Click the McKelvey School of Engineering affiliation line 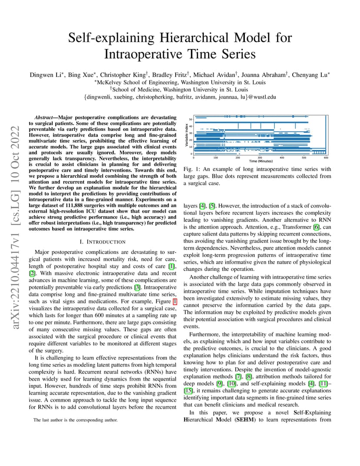180,82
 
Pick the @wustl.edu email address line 180,97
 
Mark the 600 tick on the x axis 326,157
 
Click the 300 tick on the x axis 260,157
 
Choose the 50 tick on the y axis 190,119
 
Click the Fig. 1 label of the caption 191,169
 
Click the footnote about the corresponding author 75,420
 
